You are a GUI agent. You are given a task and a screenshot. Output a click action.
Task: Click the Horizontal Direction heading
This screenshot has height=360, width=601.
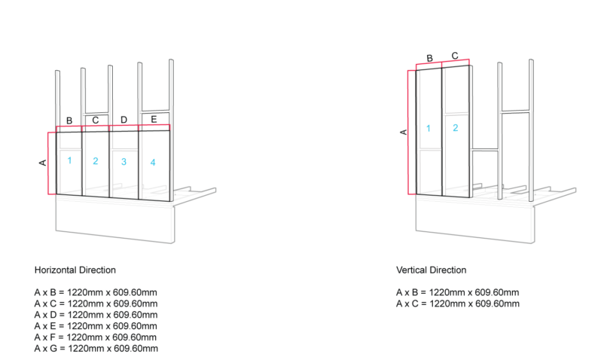click(75, 270)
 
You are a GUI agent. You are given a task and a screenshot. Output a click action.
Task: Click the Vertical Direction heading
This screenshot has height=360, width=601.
click(432, 270)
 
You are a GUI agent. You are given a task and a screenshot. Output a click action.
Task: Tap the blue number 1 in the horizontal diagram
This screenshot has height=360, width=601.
click(69, 160)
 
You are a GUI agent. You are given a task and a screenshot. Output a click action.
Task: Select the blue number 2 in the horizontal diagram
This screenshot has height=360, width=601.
click(96, 161)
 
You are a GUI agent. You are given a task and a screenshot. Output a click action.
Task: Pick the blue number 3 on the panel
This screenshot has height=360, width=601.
click(124, 162)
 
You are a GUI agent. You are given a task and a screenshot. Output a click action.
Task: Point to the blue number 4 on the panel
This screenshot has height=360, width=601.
click(153, 163)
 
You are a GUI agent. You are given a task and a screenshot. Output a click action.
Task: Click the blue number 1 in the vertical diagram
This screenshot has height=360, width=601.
click(429, 129)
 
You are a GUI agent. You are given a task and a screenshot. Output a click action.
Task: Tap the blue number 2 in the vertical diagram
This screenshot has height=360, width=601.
click(456, 128)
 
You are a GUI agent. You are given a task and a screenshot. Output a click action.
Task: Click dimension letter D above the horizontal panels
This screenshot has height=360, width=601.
click(124, 120)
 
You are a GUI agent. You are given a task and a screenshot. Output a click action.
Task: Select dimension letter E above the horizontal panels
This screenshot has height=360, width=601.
click(154, 120)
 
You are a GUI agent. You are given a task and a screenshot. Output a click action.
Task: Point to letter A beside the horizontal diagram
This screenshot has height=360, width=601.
click(42, 163)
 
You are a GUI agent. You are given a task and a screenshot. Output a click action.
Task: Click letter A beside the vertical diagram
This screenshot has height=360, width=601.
click(403, 133)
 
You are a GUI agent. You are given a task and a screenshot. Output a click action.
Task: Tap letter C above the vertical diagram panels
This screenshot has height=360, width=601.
click(455, 56)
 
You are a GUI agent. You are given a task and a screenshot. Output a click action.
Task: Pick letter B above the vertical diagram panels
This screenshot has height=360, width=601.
click(430, 58)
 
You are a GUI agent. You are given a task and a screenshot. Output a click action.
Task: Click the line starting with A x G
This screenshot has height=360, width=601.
click(96, 349)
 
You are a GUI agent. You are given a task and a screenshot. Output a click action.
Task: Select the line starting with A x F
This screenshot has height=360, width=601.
click(96, 337)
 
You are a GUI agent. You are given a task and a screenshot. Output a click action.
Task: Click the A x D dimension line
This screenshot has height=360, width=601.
click(96, 315)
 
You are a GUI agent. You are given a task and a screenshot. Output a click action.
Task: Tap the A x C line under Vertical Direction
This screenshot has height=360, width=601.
click(458, 304)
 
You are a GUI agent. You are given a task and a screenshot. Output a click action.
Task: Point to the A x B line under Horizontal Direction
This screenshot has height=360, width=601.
click(96, 292)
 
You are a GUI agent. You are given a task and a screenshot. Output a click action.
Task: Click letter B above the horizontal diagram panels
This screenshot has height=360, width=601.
click(69, 121)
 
